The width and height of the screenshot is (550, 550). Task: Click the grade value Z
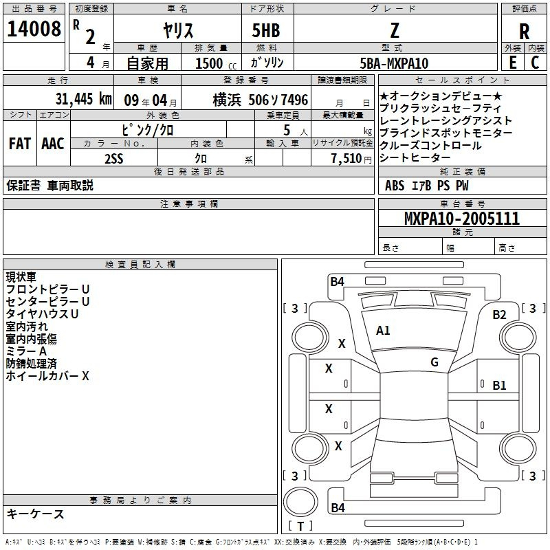click(394, 30)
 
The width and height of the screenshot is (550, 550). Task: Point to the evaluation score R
click(524, 31)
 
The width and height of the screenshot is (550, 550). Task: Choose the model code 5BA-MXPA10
click(394, 63)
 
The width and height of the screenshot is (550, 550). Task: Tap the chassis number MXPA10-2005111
click(462, 219)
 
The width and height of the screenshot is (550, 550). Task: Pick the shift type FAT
click(19, 144)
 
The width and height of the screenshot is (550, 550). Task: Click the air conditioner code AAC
click(52, 144)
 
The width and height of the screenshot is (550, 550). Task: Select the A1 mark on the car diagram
click(383, 331)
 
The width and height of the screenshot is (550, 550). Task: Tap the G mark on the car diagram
click(434, 362)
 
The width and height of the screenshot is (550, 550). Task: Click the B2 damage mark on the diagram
click(500, 315)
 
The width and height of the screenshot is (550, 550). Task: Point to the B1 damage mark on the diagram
click(500, 386)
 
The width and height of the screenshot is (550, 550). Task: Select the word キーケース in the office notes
click(36, 514)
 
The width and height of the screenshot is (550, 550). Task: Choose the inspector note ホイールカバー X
click(47, 376)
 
